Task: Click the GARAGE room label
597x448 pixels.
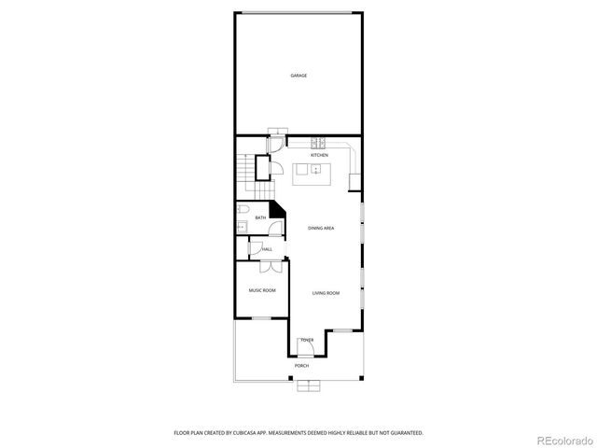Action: click(298, 76)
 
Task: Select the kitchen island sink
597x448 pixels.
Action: click(315, 170)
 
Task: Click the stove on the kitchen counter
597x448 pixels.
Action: click(318, 143)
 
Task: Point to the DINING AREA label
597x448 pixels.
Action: click(321, 228)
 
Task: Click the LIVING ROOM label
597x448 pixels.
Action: click(326, 293)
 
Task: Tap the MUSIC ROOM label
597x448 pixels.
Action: click(262, 290)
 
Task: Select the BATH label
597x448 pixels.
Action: click(260, 218)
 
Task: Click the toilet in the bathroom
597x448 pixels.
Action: click(241, 209)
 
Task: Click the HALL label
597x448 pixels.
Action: click(267, 249)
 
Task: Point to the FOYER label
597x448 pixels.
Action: click(307, 341)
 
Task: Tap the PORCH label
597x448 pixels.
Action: click(301, 366)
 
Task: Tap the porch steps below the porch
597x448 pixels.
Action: click(308, 386)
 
